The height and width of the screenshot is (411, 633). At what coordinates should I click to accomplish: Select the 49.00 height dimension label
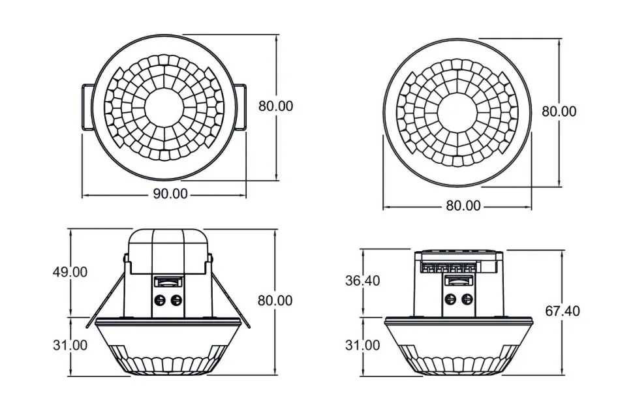(70, 272)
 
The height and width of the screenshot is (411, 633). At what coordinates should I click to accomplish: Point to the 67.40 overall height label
(563, 311)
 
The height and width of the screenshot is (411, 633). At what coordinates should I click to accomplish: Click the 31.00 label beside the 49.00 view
(70, 345)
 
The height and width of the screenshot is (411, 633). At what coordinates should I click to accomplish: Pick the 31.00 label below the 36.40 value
(362, 345)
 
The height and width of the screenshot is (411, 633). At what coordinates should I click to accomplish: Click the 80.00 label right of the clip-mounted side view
(275, 301)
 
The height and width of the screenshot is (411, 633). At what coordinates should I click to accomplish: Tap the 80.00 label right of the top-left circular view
(275, 106)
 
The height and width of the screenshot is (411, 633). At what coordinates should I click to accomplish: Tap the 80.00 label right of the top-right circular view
(559, 111)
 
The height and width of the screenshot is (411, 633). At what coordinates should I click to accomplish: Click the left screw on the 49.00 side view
(159, 301)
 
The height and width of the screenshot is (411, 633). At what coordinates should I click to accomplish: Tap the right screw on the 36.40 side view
(467, 299)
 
